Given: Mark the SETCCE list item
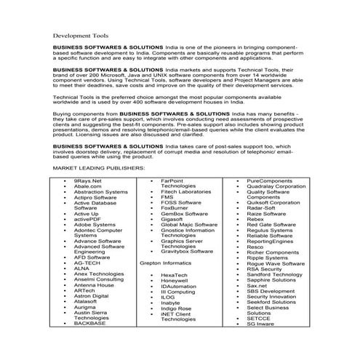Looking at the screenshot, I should coord(260,339).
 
